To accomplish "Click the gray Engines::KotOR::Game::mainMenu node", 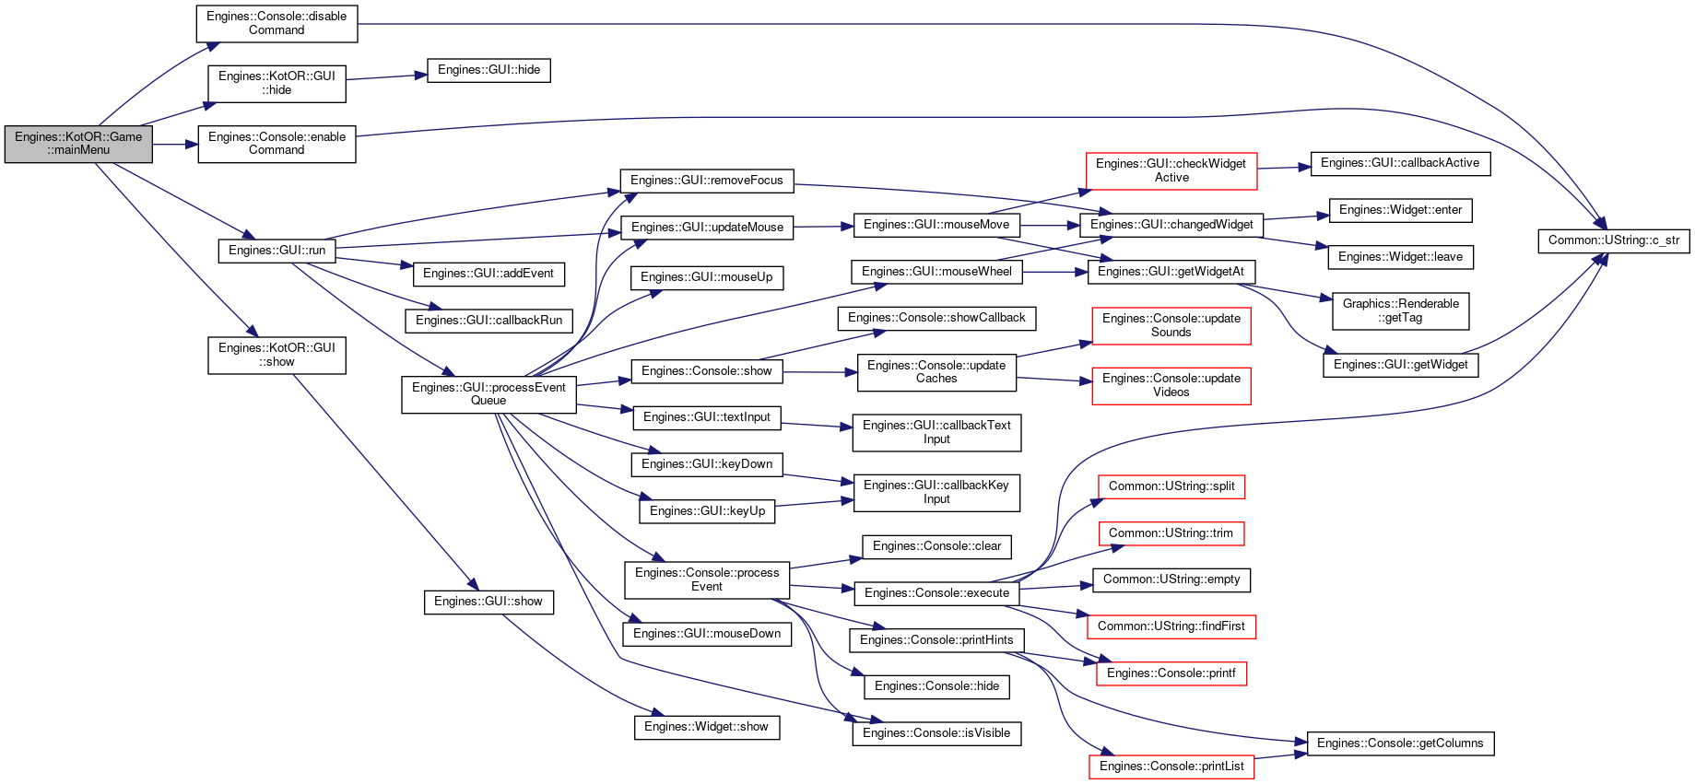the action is point(78,144).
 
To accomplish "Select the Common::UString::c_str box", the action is point(1613,240).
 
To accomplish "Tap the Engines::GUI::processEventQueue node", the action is point(488,394).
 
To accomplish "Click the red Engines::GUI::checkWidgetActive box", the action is point(1171,171).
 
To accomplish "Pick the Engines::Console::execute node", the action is point(936,593).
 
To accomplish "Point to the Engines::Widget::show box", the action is point(707,727).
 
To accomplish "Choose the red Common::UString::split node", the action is point(1171,486).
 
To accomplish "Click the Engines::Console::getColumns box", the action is point(1400,743).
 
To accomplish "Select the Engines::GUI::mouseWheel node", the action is point(936,272).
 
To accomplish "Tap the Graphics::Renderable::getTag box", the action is point(1400,311).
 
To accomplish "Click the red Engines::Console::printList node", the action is point(1171,766).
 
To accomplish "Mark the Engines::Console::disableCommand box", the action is point(277,24).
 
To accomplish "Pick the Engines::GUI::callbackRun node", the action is point(488,321).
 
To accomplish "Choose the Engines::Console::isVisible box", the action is point(936,733).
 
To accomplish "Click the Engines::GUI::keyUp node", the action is point(707,511).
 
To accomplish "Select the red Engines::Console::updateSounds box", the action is point(1171,326).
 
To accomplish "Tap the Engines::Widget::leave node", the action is point(1400,257).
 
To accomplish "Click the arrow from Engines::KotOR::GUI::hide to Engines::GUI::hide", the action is point(386,76).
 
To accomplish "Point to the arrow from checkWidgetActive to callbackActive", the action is point(1284,168).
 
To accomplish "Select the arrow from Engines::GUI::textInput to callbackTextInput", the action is point(817,425).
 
